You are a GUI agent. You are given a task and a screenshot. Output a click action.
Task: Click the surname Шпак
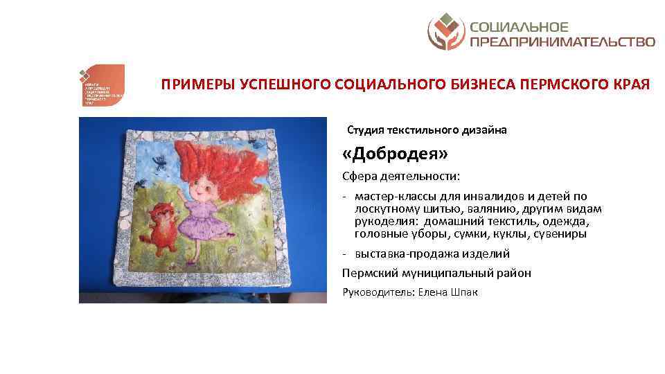pyautogui.click(x=463, y=292)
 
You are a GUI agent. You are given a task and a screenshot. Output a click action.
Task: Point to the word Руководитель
pyautogui.click(x=376, y=292)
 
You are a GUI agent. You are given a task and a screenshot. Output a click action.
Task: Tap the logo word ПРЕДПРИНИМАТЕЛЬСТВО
pyautogui.click(x=562, y=42)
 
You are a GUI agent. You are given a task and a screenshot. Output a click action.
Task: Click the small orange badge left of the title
pyautogui.click(x=101, y=85)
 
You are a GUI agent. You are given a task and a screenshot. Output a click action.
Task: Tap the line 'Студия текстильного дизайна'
pyautogui.click(x=427, y=130)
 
